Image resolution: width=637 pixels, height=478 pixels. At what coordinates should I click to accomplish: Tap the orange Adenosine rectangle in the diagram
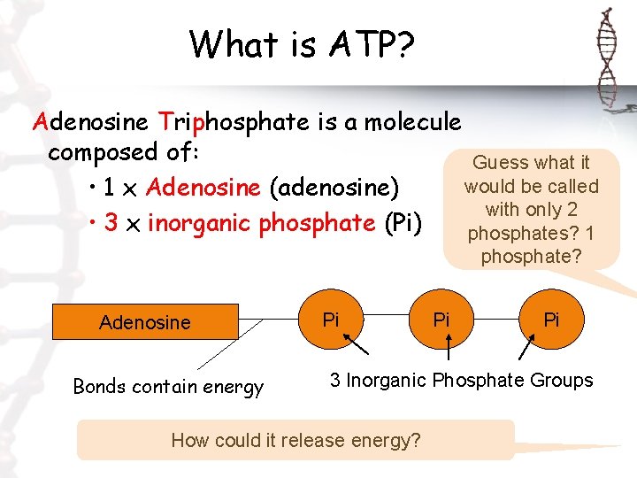pyautogui.click(x=146, y=322)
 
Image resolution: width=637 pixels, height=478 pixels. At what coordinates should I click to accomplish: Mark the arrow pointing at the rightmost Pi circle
pyautogui.click(x=527, y=348)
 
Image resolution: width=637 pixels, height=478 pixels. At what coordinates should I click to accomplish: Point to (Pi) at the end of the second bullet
pyautogui.click(x=404, y=223)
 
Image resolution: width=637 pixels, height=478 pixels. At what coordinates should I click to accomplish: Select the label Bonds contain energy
pyautogui.click(x=168, y=387)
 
